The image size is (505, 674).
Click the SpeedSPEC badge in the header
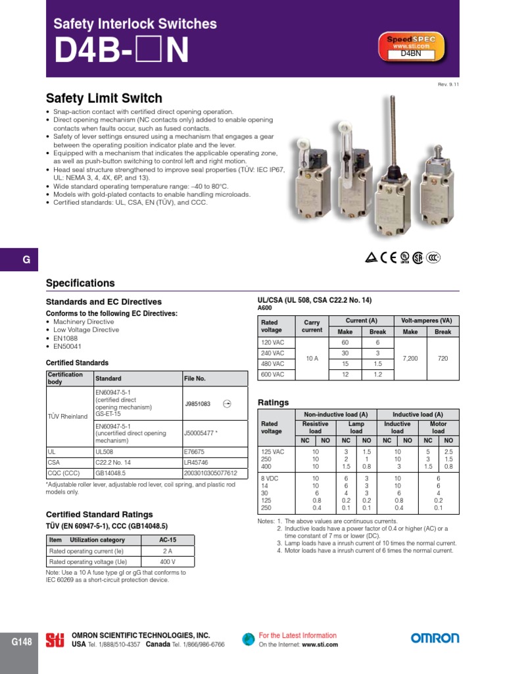click(411, 46)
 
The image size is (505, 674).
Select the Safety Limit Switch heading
click(104, 99)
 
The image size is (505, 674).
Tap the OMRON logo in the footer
click(435, 638)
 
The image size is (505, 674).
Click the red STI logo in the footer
click(55, 640)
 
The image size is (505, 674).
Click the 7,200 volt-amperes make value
click(410, 358)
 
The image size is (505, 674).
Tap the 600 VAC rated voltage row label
click(273, 374)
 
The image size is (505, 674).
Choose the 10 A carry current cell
click(312, 358)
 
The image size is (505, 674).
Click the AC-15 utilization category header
click(169, 540)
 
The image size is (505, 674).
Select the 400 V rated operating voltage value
click(168, 561)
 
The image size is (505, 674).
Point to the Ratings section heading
click(273, 402)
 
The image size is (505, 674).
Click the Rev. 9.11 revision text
click(448, 84)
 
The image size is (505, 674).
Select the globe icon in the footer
click(248, 639)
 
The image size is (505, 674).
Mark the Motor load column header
click(438, 428)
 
